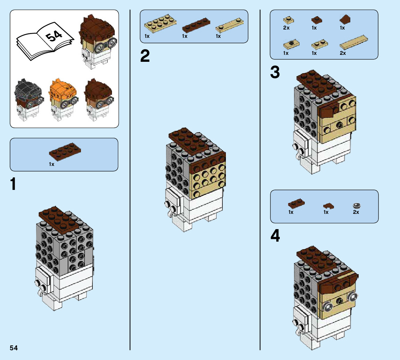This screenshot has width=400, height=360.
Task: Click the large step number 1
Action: point(13,184)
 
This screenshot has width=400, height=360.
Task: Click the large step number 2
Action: point(145,57)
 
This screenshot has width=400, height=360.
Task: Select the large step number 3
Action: point(275,73)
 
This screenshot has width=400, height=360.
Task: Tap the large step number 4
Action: point(275,236)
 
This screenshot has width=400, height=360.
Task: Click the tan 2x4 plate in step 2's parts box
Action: point(160,23)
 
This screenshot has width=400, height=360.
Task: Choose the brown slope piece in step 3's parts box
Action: point(345,19)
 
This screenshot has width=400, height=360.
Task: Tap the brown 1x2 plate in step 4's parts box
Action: point(296,202)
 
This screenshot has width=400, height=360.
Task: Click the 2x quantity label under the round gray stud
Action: point(356,212)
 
